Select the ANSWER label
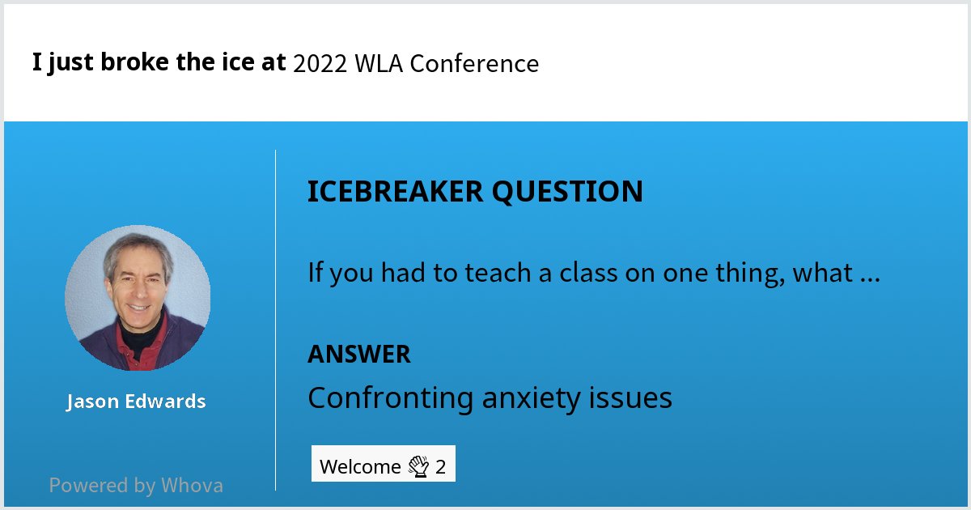(358, 354)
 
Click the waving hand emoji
(418, 466)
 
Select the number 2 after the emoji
(441, 467)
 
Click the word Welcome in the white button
(360, 467)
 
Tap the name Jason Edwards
(136, 402)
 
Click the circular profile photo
(138, 298)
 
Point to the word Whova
(192, 486)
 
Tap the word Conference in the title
(474, 64)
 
